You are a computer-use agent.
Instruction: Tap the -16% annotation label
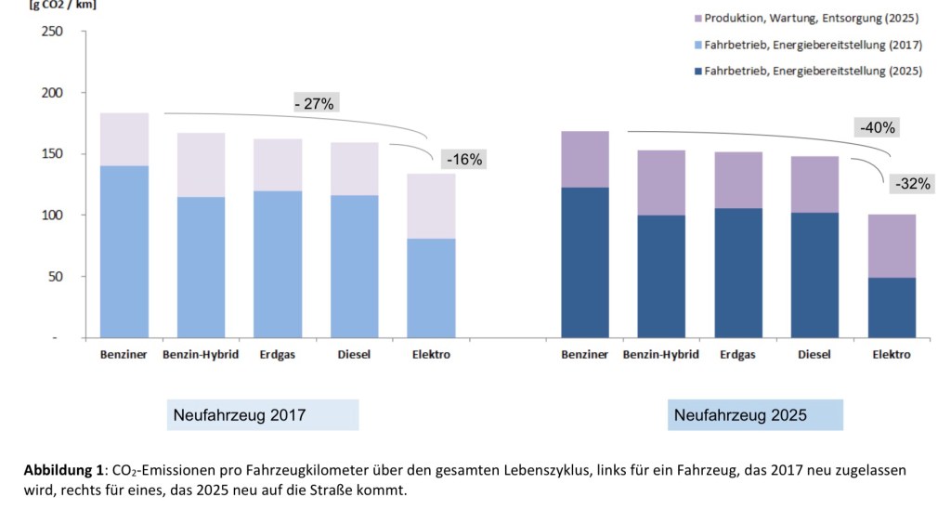(x=464, y=160)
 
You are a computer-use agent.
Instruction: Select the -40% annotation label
(x=877, y=128)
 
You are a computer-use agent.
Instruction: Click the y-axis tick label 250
(x=52, y=33)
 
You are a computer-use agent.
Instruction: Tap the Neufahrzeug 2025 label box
(x=755, y=415)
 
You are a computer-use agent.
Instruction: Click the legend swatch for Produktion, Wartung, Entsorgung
(x=694, y=19)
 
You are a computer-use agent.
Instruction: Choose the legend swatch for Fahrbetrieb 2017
(x=694, y=45)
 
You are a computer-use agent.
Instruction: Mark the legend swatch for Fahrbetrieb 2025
(x=694, y=71)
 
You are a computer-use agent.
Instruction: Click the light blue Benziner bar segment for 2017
(x=124, y=251)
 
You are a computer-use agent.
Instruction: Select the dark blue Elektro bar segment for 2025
(x=892, y=307)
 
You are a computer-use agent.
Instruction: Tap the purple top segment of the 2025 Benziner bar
(x=585, y=159)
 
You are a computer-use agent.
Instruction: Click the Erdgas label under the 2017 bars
(x=278, y=355)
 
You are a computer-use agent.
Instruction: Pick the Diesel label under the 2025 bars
(x=814, y=355)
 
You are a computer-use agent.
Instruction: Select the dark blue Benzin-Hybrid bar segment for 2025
(x=661, y=276)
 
